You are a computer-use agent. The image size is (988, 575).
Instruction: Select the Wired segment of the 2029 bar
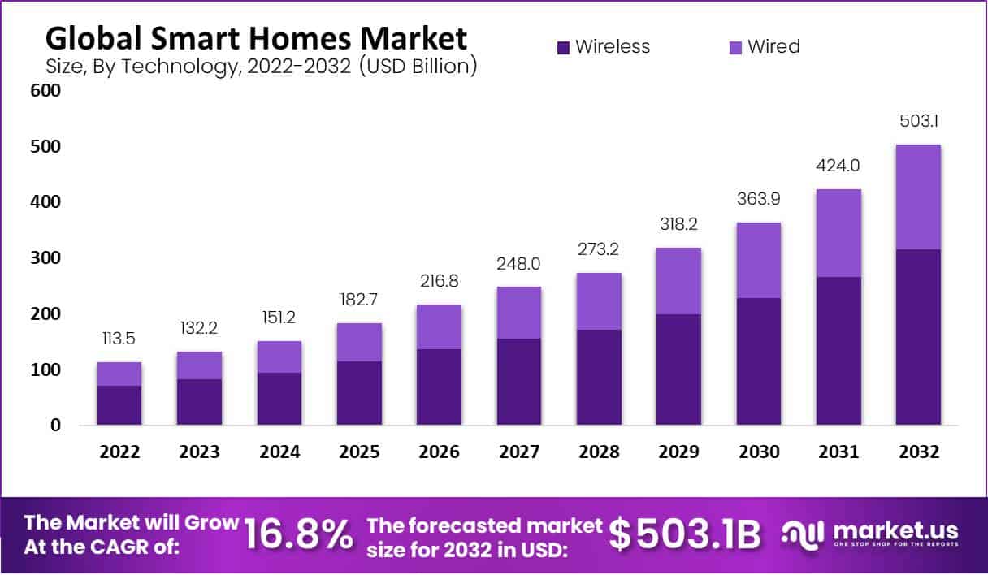pyautogui.click(x=678, y=281)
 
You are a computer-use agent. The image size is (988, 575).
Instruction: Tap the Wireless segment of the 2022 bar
pyautogui.click(x=119, y=405)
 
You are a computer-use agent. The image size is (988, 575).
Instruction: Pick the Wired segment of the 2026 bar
pyautogui.click(x=439, y=326)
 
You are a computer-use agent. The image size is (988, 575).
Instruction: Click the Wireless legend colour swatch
pyautogui.click(x=564, y=48)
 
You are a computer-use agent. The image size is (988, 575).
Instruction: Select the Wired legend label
pyautogui.click(x=773, y=47)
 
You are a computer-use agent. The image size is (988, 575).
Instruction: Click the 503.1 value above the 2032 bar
pyautogui.click(x=918, y=121)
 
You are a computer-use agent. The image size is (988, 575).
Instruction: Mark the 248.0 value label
pyautogui.click(x=519, y=264)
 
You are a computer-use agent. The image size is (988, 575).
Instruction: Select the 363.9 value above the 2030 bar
pyautogui.click(x=759, y=200)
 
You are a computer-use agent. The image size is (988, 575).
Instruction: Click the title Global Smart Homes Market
pyautogui.click(x=256, y=38)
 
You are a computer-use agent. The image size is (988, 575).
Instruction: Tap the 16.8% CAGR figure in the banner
pyautogui.click(x=299, y=534)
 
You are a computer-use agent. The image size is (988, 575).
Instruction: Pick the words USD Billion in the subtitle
pyautogui.click(x=418, y=67)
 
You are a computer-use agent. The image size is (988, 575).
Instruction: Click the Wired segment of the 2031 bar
pyautogui.click(x=838, y=233)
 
